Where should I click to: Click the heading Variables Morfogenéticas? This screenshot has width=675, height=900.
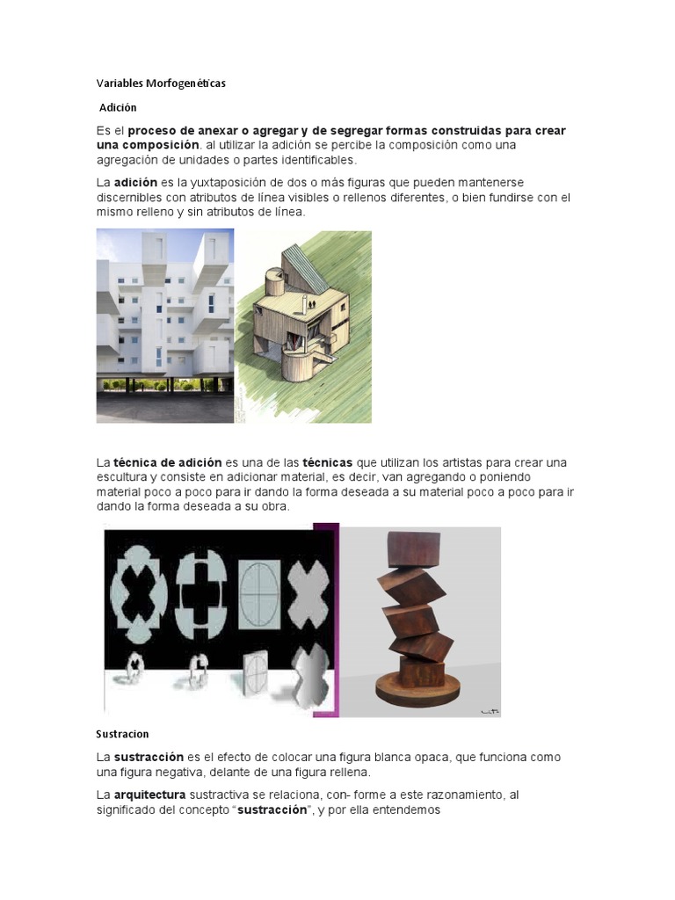tap(161, 83)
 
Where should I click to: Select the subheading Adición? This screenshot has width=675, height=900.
tap(118, 107)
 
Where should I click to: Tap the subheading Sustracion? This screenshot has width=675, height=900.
tap(122, 734)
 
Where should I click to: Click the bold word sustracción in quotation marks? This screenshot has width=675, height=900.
tap(272, 809)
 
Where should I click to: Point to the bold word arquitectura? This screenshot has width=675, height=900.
tap(149, 795)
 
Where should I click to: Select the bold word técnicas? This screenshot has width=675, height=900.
tap(328, 462)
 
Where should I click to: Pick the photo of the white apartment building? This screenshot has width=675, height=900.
tap(164, 326)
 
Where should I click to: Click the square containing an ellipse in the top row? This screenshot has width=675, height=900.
tap(260, 595)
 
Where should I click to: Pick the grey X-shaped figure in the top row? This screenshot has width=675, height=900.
tap(308, 595)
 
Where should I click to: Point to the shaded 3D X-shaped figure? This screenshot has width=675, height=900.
tap(312, 676)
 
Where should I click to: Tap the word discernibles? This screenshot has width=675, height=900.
tap(127, 198)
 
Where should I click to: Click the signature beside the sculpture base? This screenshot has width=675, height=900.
tap(489, 712)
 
